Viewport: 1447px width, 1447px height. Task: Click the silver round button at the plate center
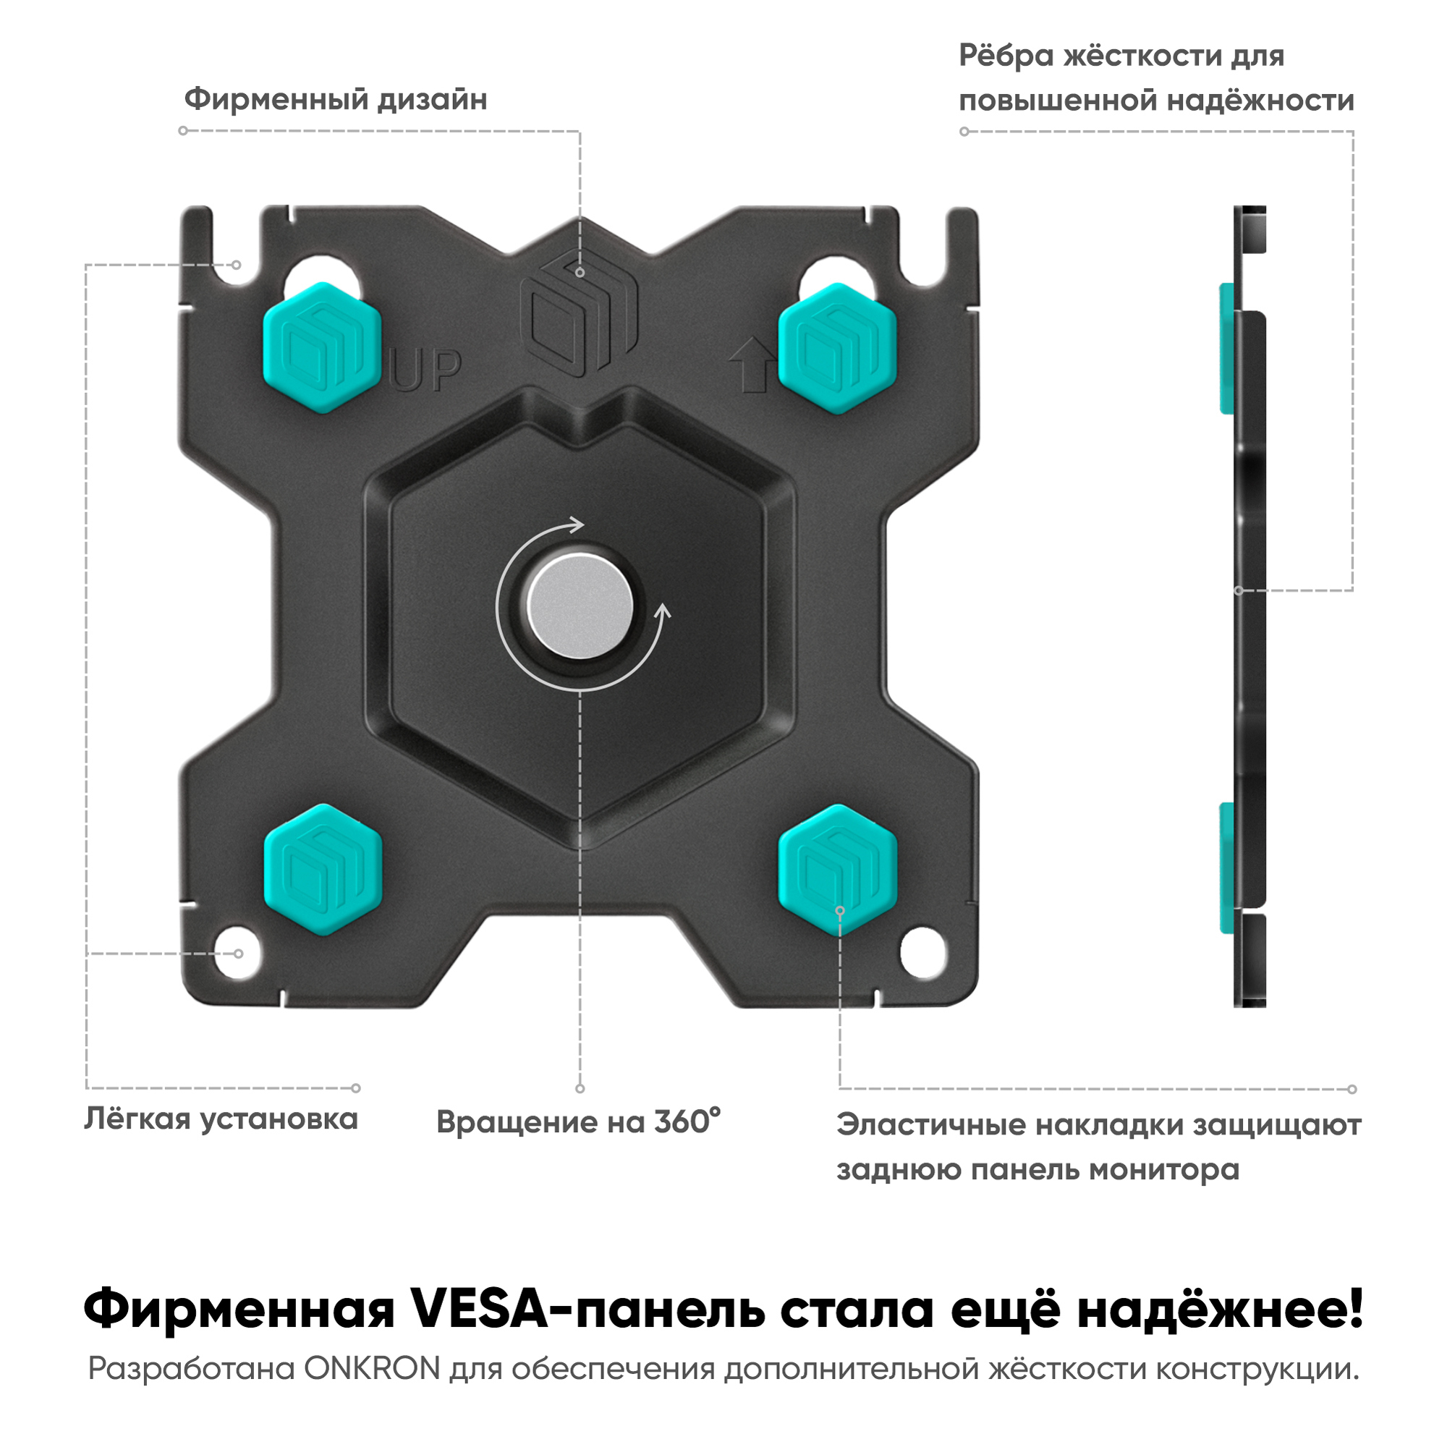pos(580,607)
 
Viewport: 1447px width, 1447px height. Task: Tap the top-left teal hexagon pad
pos(322,347)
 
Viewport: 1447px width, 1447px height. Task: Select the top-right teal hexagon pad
pos(837,348)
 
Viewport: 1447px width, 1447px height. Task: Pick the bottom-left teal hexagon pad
pos(323,869)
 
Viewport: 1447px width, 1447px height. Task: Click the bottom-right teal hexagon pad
pos(838,870)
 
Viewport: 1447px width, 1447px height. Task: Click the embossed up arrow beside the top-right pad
pos(752,365)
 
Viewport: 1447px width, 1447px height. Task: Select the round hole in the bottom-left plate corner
pos(237,954)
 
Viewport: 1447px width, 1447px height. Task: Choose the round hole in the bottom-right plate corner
pos(924,954)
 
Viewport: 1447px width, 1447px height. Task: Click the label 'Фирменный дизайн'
pos(336,100)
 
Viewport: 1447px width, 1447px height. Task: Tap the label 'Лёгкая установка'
pos(221,1119)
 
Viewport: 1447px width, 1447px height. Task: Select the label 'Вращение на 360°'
pos(578,1122)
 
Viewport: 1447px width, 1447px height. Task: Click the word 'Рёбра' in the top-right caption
pos(1006,56)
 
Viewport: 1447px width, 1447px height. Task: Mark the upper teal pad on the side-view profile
pos(1227,347)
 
